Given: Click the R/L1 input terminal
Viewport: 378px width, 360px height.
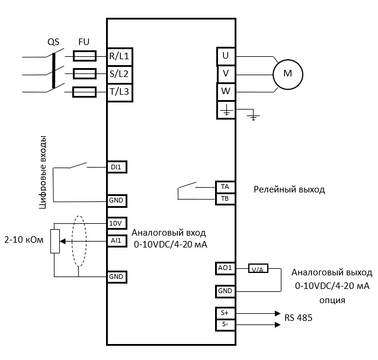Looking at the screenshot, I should tap(120, 56).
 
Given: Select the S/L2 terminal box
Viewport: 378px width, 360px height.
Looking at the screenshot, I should tap(120, 75).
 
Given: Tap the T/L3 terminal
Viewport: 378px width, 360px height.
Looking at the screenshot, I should tap(120, 92).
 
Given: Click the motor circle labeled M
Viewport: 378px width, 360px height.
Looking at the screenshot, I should tap(288, 73).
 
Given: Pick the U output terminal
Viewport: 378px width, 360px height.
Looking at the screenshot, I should tap(226, 56).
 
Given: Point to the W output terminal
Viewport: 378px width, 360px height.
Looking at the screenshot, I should tap(226, 92).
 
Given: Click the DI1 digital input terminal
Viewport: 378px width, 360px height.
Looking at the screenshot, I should tap(117, 167).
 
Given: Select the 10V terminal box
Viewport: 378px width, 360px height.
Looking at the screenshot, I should tap(117, 223).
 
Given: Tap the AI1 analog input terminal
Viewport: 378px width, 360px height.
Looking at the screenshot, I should tap(117, 241).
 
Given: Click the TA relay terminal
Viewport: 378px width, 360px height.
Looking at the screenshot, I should tap(225, 186).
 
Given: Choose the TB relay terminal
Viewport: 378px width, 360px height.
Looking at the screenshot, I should tap(225, 198).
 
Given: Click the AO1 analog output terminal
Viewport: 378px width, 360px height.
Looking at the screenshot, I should tap(225, 268).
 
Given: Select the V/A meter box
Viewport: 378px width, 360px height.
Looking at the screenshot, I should tap(258, 269).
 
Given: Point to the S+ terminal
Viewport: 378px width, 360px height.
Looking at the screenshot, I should tap(225, 312).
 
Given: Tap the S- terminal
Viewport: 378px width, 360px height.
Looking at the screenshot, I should tap(225, 324).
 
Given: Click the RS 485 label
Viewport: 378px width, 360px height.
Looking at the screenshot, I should tap(298, 319).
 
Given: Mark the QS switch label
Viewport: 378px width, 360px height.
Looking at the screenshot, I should tap(54, 43).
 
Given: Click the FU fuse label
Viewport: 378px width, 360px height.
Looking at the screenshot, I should tap(84, 43).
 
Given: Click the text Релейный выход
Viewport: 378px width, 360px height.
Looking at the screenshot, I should tap(289, 190).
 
